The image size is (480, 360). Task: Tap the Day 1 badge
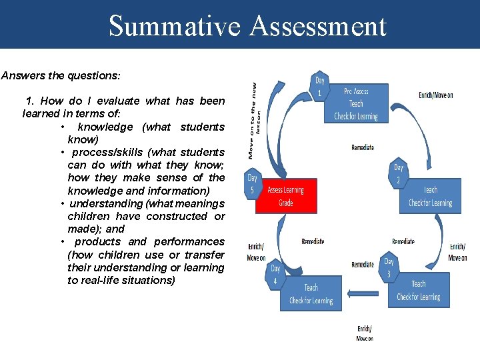coord(320,86)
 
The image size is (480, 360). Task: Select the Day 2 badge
coord(399,173)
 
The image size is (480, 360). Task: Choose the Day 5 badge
coord(253,183)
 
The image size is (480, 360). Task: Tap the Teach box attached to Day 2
coord(430,196)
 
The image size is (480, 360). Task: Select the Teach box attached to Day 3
coord(418,291)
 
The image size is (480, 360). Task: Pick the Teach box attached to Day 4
coord(311,294)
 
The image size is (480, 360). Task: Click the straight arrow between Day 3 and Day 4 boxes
coord(365,291)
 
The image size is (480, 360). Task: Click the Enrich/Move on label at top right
coord(435,95)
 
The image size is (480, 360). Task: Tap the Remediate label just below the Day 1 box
coord(362,147)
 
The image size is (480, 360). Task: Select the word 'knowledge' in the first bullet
coord(105,127)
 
